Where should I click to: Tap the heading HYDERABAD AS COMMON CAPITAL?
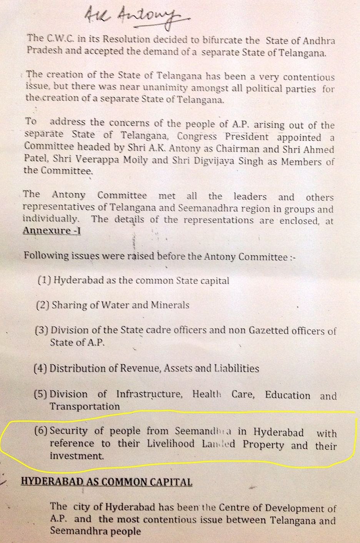(x=107, y=482)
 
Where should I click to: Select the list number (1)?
(x=45, y=280)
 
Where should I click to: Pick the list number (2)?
(x=42, y=305)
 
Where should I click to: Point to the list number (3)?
(x=41, y=330)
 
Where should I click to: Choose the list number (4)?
(x=41, y=369)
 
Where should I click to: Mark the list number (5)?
(x=41, y=394)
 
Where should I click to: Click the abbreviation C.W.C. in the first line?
(x=58, y=38)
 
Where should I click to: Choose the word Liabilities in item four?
(x=237, y=369)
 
